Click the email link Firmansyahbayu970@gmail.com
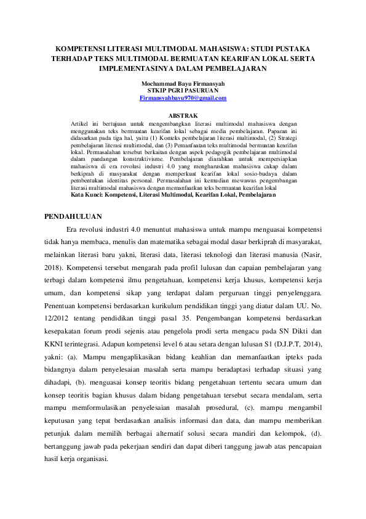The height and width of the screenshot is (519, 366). click(x=183, y=98)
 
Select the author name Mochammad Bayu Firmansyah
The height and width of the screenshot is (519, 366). click(x=183, y=84)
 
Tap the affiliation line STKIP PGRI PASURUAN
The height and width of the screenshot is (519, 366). click(x=183, y=91)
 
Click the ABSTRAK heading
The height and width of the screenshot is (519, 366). click(x=183, y=115)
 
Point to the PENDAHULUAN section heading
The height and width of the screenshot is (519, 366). click(x=74, y=216)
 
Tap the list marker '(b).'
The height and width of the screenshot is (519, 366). click(x=84, y=383)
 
